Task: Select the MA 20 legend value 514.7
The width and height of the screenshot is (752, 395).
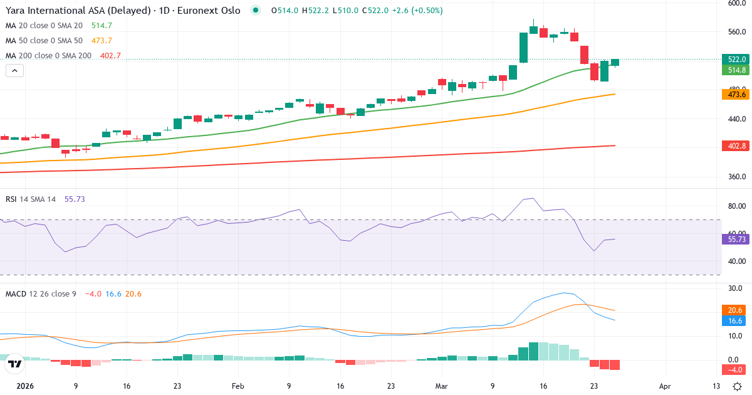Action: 102,26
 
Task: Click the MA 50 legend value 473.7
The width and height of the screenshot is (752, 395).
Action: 102,41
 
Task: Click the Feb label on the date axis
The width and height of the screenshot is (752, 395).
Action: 238,387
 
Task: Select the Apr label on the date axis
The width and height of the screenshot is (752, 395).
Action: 665,387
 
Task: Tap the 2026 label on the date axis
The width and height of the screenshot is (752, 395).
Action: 25,387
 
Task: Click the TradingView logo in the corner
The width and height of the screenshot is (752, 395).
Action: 16,364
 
